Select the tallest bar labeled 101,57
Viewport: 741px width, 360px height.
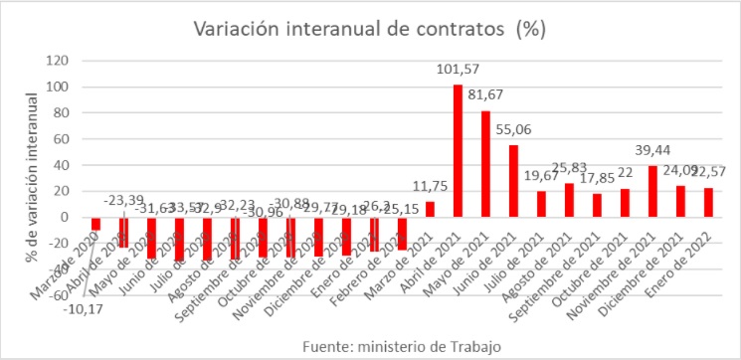pos(458,151)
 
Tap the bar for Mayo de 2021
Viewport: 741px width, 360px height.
pos(485,164)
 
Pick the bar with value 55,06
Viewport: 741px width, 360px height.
pos(513,181)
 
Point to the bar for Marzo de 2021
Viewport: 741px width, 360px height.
pos(430,209)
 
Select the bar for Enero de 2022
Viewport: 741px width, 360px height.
pos(708,202)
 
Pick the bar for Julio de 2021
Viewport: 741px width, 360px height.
pos(541,204)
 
